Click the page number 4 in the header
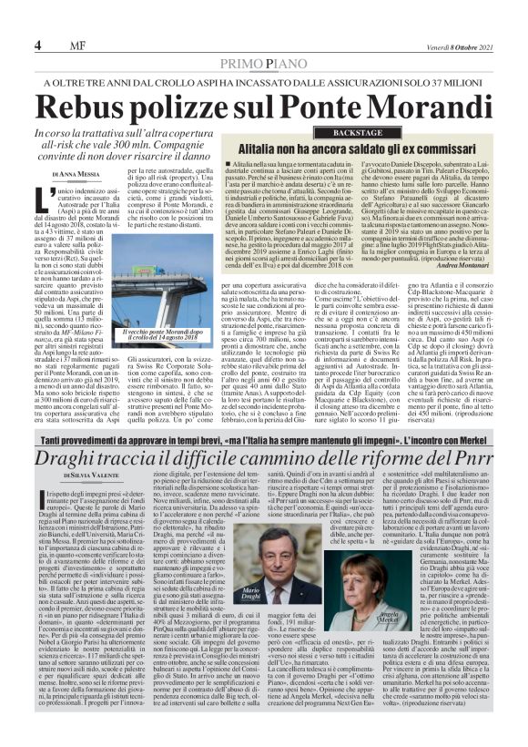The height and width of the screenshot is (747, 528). pyautogui.click(x=36, y=45)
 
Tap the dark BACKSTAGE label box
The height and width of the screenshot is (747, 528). pyautogui.click(x=356, y=133)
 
